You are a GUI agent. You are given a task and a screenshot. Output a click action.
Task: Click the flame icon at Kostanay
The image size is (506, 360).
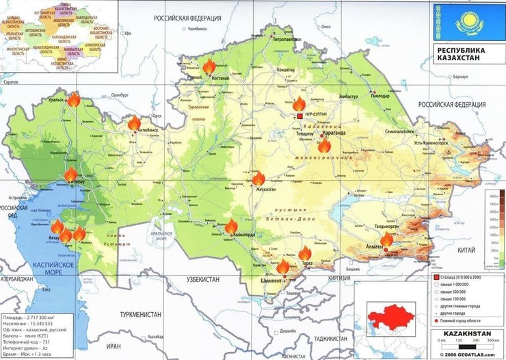click(209, 66)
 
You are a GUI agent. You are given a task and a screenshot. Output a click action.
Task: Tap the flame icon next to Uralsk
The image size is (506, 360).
click(73, 100)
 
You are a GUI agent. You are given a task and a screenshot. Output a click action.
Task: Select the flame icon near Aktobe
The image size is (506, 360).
click(134, 123)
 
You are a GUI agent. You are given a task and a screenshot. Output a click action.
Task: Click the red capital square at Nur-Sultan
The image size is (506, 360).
click(299, 117)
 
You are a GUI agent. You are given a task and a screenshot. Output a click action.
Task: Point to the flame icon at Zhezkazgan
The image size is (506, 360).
click(258, 179)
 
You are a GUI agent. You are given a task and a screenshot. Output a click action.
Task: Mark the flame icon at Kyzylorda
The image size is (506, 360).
click(231, 227)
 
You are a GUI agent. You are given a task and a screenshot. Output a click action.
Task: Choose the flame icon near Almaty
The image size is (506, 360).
click(387, 240)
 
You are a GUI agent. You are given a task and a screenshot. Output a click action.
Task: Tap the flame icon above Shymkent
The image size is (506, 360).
click(283, 266)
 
